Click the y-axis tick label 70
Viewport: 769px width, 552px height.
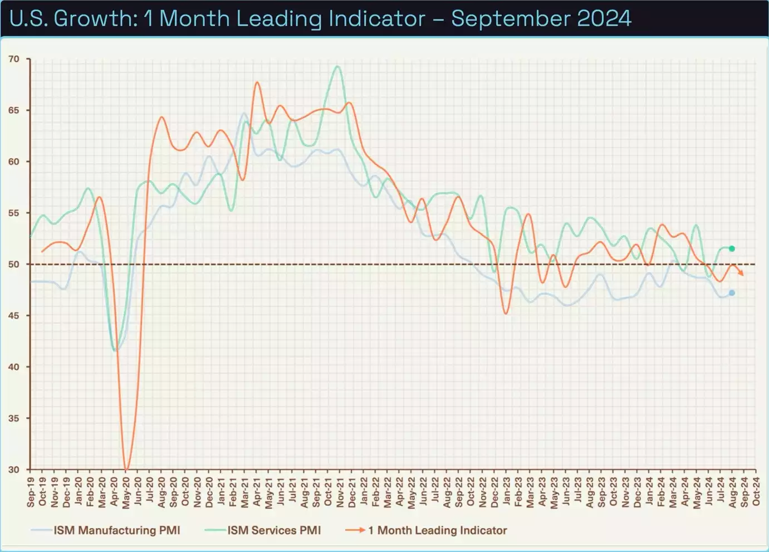point(13,59)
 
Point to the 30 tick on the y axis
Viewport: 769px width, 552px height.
point(13,470)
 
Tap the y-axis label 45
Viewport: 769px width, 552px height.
point(13,316)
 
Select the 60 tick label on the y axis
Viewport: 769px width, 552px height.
point(13,162)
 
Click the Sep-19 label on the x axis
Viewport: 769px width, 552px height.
point(31,492)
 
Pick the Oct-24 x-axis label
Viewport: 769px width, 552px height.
point(756,491)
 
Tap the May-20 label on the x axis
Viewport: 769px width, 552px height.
point(126,492)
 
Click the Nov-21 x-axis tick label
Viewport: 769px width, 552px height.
point(340,492)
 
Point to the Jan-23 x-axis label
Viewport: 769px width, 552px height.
point(506,492)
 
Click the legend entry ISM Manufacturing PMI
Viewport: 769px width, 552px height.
point(116,530)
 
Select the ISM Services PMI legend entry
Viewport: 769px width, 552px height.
point(274,530)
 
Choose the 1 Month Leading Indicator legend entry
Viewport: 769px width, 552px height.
point(437,530)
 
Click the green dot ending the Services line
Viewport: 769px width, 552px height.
point(732,248)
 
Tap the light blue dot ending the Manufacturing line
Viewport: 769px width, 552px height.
point(732,293)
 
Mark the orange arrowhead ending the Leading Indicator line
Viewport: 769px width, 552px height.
point(741,273)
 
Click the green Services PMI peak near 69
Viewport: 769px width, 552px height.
point(337,66)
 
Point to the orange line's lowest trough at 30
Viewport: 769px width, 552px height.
point(126,468)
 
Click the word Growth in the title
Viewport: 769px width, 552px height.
point(95,18)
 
